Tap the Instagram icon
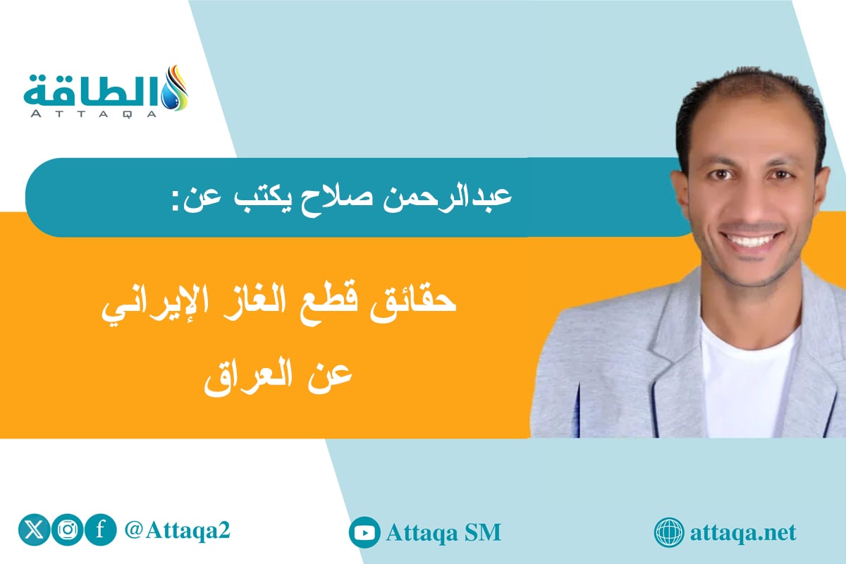pyautogui.click(x=68, y=531)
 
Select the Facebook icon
pyautogui.click(x=100, y=531)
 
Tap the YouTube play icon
pyautogui.click(x=364, y=532)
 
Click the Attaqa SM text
pyautogui.click(x=443, y=532)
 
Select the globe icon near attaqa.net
pyautogui.click(x=668, y=532)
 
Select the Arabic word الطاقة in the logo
pyautogui.click(x=88, y=88)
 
